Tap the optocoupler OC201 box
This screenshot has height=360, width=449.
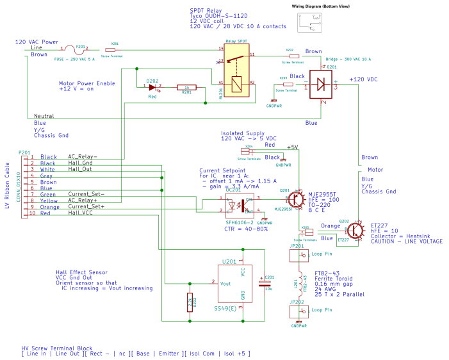click(239, 206)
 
